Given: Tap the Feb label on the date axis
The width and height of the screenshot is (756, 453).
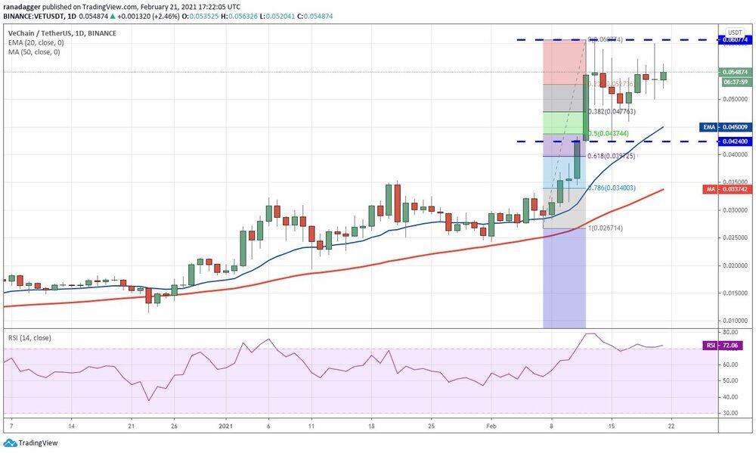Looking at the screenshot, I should pyautogui.click(x=491, y=427).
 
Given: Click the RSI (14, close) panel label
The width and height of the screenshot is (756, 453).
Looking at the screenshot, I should pyautogui.click(x=29, y=337).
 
